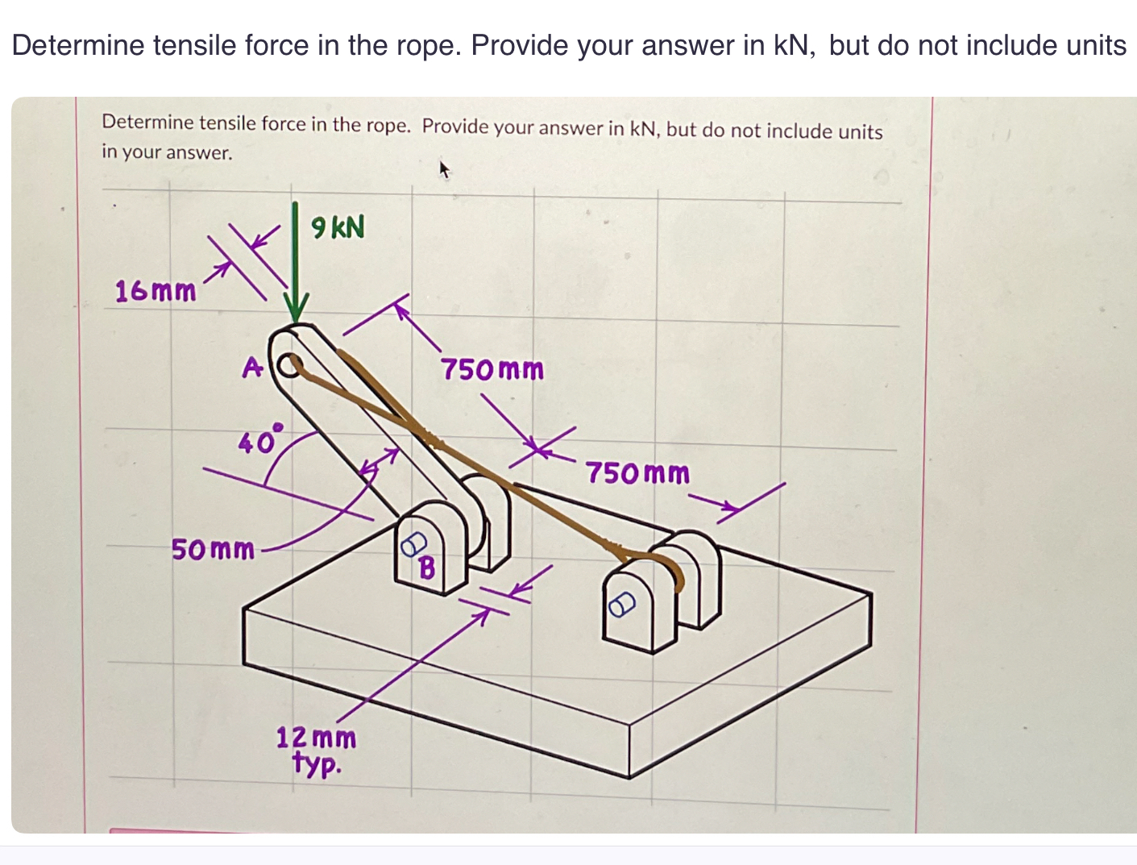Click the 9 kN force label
338,227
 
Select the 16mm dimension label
156,290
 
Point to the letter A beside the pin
252,368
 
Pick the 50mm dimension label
213,550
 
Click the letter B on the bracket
427,568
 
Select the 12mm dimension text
316,737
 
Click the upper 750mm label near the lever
492,370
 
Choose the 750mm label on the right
637,472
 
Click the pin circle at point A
290,366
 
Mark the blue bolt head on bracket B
413,544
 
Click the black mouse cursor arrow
442,169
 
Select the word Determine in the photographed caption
147,123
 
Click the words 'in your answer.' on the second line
167,152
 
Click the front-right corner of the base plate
629,777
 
